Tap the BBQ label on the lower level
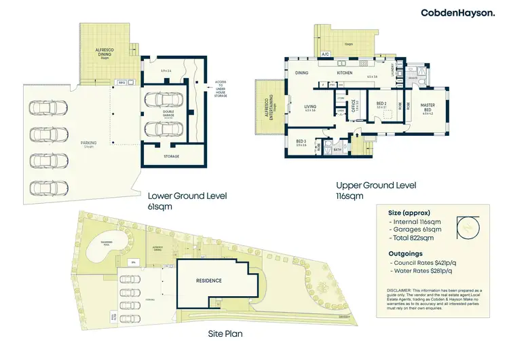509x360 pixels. coord(122,82)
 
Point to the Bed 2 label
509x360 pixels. coord(381,105)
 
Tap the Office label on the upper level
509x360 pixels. coord(354,107)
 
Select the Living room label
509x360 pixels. coord(310,106)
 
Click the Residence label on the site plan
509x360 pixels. coord(209,280)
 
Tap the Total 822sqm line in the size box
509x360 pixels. coord(415,240)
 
